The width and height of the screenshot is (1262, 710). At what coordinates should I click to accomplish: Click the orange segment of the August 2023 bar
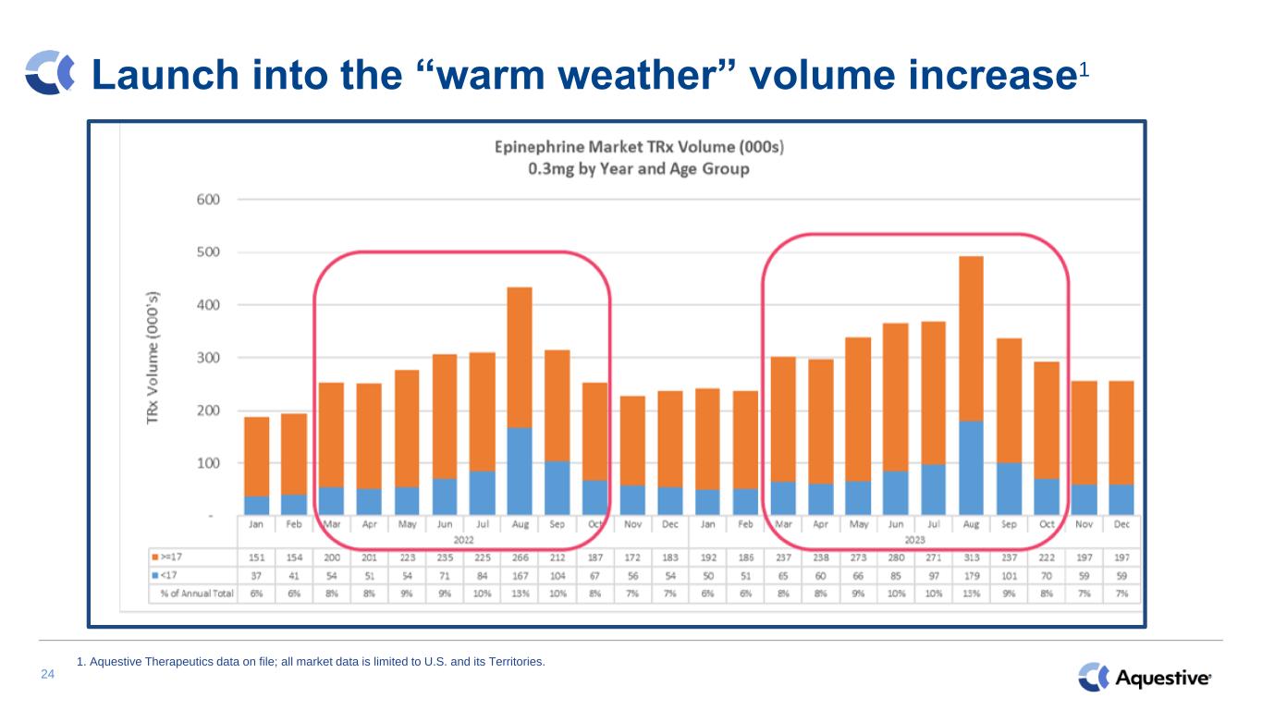971,337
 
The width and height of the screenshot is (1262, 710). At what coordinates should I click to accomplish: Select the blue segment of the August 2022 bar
520,471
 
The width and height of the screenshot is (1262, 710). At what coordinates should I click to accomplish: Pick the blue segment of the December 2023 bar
1121,499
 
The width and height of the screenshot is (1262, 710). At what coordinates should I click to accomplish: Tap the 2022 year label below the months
463,539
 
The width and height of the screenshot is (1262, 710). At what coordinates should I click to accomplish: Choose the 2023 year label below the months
914,539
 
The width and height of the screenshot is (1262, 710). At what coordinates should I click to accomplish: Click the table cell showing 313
971,557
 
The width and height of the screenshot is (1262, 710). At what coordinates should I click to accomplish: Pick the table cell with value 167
520,574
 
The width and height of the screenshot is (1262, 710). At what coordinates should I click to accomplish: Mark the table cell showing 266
520,557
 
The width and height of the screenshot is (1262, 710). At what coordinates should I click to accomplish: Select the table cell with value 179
971,574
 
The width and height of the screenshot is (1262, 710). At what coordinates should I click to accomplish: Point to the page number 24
48,675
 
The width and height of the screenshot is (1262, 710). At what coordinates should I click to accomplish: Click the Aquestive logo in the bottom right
1145,678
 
